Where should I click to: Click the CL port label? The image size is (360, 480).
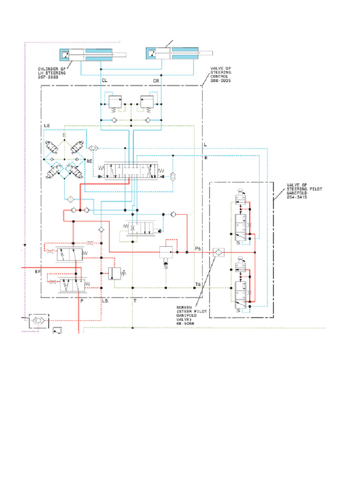(x=105, y=81)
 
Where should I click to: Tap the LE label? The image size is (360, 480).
(x=47, y=126)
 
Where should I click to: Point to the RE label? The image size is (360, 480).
(x=89, y=161)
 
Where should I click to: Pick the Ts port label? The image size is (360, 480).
(x=198, y=285)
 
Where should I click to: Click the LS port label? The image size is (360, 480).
(x=105, y=301)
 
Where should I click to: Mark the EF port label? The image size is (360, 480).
(x=38, y=271)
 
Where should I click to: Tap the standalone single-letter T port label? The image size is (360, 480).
(x=135, y=301)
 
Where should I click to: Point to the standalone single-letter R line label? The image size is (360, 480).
(x=205, y=158)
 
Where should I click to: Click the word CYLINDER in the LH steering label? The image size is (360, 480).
(x=49, y=69)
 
